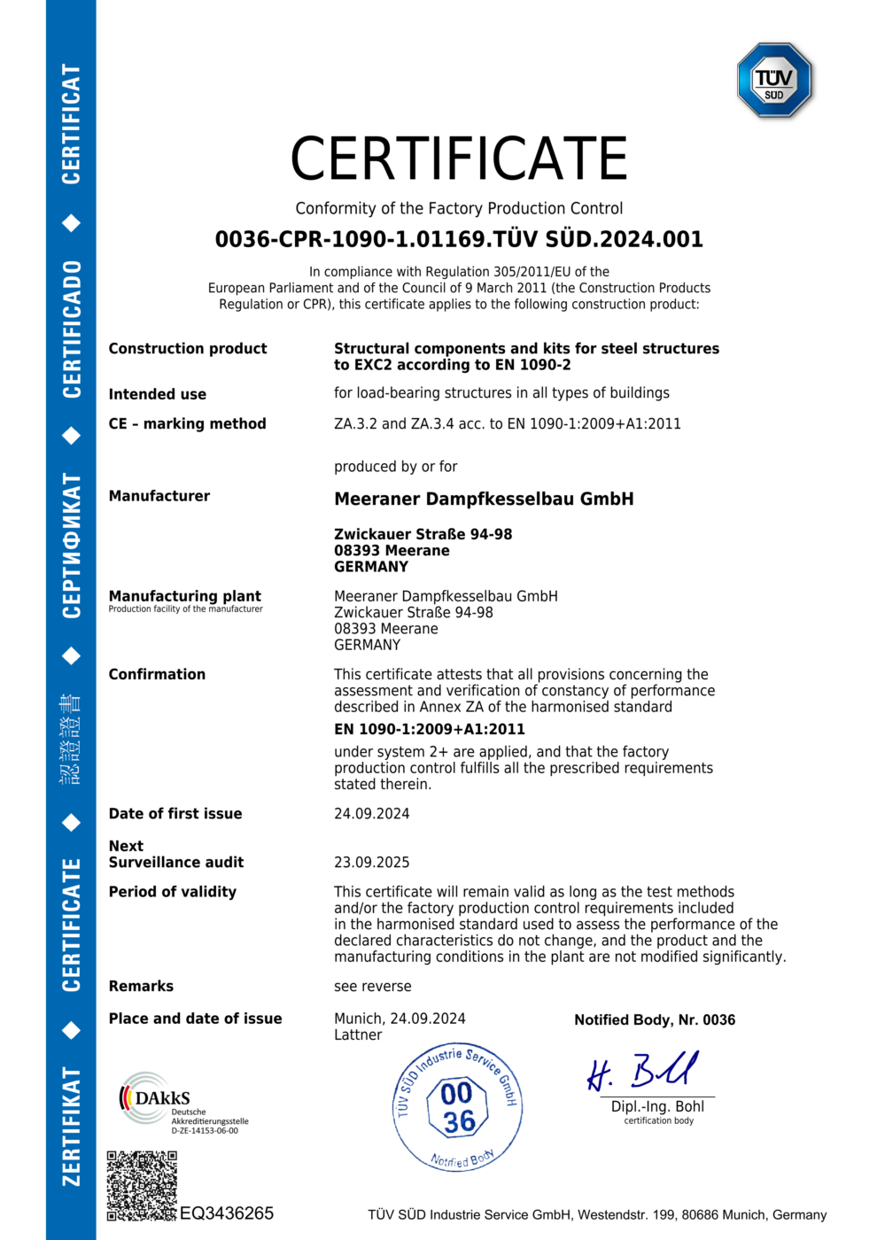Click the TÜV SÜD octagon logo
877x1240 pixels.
(774, 81)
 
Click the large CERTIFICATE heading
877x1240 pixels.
(459, 159)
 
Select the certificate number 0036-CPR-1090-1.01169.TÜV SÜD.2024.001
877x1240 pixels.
(459, 239)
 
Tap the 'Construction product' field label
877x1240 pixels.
(188, 349)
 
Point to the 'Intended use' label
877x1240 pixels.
(158, 394)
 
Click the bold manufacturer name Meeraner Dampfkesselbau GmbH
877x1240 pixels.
(484, 499)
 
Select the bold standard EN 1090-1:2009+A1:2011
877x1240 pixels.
(430, 729)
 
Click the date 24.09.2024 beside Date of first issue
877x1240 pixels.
(372, 814)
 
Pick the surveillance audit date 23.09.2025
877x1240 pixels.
(372, 863)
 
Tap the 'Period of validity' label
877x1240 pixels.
(173, 892)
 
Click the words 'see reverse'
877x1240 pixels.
(373, 987)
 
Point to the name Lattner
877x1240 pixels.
(358, 1035)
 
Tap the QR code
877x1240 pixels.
(142, 1186)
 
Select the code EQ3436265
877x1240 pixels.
(227, 1213)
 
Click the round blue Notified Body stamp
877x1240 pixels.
(457, 1107)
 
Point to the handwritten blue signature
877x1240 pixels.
(643, 1071)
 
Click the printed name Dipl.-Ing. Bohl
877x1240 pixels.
(657, 1106)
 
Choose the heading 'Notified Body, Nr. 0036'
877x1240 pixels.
(655, 1020)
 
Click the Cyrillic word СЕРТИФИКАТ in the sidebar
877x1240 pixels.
(72, 546)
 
